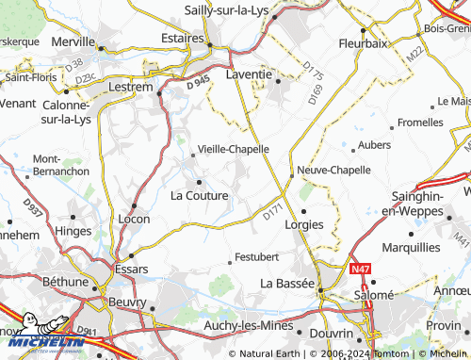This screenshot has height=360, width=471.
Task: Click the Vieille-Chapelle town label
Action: [232, 149]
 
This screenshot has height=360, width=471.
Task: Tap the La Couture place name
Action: [199, 196]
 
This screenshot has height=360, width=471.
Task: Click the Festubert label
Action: [257, 255]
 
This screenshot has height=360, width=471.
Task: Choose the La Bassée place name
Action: [287, 283]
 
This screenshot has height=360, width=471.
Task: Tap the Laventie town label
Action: [250, 74]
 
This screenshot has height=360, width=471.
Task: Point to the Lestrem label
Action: [131, 87]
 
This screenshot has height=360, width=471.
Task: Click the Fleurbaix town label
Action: [363, 42]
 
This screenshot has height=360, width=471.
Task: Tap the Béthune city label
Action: [65, 281]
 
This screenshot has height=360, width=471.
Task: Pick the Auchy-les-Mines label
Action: [247, 327]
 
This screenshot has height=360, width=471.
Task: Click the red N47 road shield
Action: [360, 269]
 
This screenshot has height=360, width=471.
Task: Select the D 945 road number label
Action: [199, 85]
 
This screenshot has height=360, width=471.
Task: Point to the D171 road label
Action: [272, 214]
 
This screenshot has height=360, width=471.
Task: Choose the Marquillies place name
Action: [411, 247]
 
